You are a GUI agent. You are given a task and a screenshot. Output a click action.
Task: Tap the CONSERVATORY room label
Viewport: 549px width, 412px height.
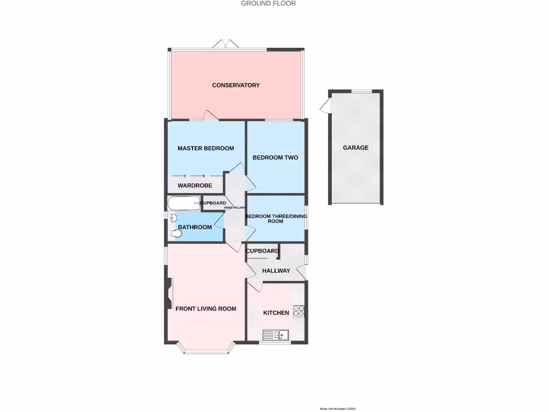pyautogui.click(x=236, y=85)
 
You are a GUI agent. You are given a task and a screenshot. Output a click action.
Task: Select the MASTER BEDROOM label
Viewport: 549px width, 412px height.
pyautogui.click(x=206, y=149)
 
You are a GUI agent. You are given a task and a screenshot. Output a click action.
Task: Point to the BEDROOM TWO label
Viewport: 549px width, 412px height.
pyautogui.click(x=275, y=158)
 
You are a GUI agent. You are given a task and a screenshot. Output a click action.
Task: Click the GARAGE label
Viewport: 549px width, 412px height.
pyautogui.click(x=356, y=148)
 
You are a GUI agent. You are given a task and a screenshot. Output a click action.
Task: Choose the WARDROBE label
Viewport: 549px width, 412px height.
pyautogui.click(x=195, y=186)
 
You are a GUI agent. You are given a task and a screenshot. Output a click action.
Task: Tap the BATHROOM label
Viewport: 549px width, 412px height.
pyautogui.click(x=195, y=227)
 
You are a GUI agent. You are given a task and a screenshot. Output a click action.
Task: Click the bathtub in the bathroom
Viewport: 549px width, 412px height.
pyautogui.click(x=183, y=203)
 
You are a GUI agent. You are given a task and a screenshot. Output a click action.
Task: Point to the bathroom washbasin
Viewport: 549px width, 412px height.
pyautogui.click(x=173, y=218)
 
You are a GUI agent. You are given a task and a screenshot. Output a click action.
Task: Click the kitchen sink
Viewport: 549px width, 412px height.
pyautogui.click(x=276, y=336)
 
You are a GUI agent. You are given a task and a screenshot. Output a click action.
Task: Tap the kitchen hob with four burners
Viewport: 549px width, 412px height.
pyautogui.click(x=299, y=312)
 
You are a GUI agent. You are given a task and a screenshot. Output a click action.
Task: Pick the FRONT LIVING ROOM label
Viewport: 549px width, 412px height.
pyautogui.click(x=206, y=309)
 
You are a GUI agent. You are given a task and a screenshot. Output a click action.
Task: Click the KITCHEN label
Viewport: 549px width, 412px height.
pyautogui.click(x=276, y=313)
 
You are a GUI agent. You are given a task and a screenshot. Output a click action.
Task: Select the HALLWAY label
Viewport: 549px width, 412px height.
pyautogui.click(x=276, y=271)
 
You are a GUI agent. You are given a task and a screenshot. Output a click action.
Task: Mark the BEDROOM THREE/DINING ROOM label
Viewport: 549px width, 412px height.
pyautogui.click(x=276, y=219)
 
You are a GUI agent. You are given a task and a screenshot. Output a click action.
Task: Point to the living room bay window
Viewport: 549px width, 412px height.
pyautogui.click(x=206, y=351)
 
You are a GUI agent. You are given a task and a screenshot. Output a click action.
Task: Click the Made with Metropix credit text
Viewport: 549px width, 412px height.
pyautogui.click(x=338, y=409)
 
